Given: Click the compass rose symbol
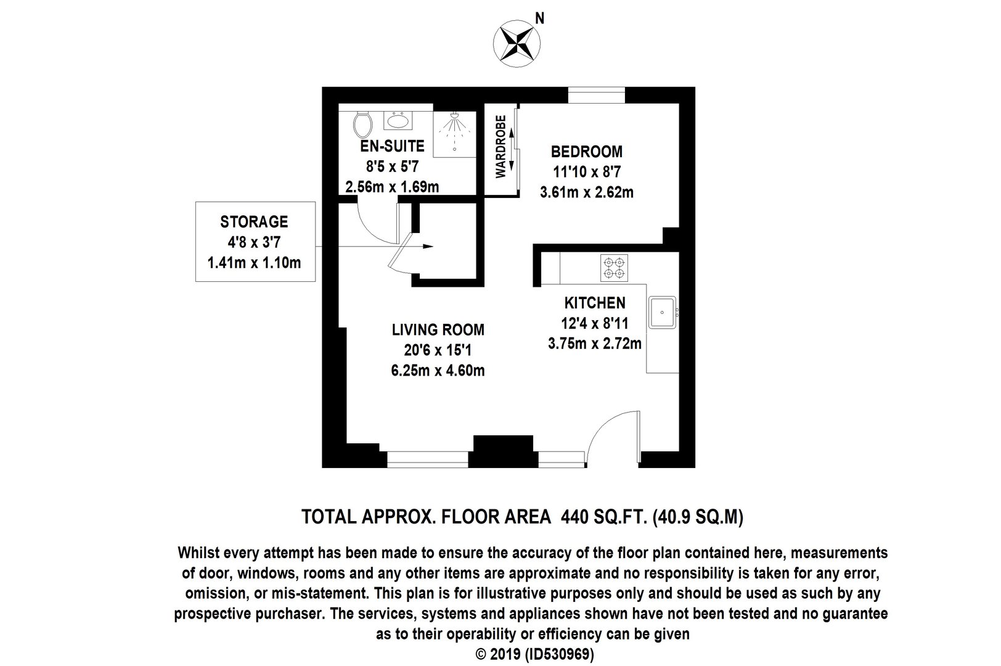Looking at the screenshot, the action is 517,44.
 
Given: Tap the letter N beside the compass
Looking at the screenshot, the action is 540,18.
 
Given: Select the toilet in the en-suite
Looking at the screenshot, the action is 362,125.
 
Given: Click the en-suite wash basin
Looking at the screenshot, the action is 398,120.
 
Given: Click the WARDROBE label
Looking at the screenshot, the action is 501,147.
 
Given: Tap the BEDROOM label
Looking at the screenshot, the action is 586,152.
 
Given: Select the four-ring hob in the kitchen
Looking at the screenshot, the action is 614,268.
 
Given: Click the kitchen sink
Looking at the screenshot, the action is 662,313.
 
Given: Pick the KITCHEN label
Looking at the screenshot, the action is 595,303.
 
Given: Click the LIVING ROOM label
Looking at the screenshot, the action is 438,329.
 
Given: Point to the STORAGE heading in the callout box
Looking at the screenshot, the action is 255,221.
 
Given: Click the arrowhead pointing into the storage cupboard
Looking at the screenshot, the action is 428,246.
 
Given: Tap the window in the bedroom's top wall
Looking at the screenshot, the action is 596,95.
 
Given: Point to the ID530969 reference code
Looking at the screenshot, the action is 560,654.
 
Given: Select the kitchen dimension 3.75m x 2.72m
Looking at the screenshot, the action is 595,343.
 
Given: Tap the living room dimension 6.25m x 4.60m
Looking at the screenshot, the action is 438,371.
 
